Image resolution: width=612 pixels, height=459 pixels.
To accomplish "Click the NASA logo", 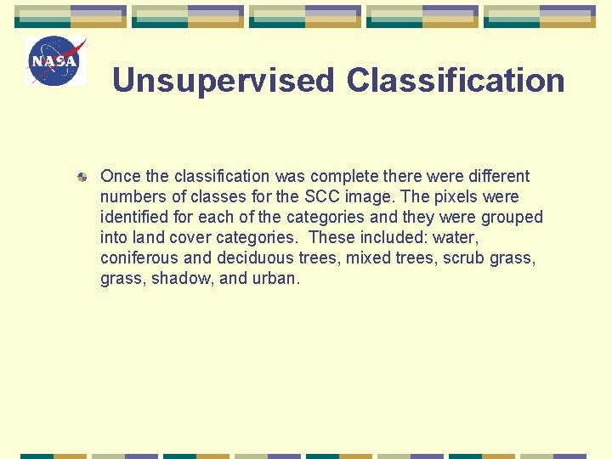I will [x=57, y=61].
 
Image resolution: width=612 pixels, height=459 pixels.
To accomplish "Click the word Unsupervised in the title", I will [x=224, y=81].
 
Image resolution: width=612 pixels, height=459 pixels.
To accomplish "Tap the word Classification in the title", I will [x=456, y=81].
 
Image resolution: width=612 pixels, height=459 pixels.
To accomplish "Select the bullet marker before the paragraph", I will [x=82, y=178].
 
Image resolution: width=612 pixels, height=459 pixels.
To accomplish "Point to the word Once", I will [x=121, y=177].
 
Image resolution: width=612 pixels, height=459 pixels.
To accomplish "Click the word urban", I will [x=274, y=279].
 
